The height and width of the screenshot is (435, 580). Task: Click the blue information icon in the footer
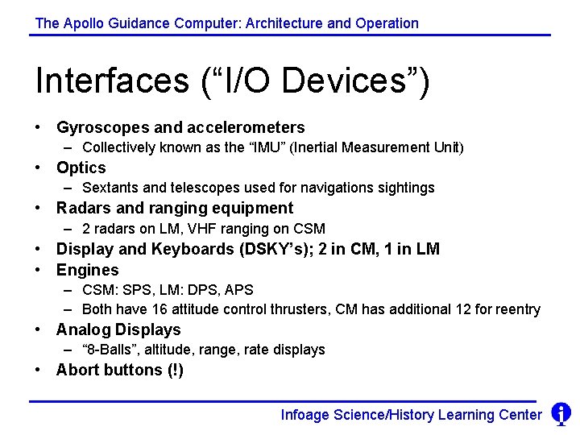pos(561,414)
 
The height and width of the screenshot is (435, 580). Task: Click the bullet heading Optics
pos(81,168)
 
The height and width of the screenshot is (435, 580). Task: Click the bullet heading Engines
pos(87,270)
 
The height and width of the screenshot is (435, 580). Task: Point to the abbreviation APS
pos(239,289)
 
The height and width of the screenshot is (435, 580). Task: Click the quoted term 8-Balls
pos(110,350)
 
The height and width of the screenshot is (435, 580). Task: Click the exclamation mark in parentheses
pos(175,370)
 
